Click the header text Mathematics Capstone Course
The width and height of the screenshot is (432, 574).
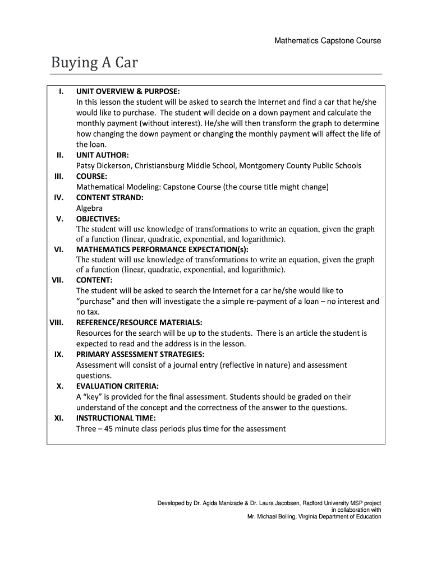328,41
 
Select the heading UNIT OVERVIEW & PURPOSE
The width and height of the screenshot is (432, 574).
128,91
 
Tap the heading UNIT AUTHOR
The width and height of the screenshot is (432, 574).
103,155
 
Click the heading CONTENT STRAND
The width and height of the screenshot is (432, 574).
110,197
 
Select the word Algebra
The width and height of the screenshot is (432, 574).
90,208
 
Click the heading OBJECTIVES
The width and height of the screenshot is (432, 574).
98,219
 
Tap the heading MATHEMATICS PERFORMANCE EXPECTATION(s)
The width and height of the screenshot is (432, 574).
162,250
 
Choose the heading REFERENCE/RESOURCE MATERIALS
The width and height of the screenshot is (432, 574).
139,322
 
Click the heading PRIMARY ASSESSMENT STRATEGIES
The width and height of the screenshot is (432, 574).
140,354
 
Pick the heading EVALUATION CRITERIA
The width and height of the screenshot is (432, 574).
117,386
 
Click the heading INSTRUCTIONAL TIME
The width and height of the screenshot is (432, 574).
116,418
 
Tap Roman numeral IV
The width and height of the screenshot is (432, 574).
58,197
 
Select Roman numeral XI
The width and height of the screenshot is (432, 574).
58,418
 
